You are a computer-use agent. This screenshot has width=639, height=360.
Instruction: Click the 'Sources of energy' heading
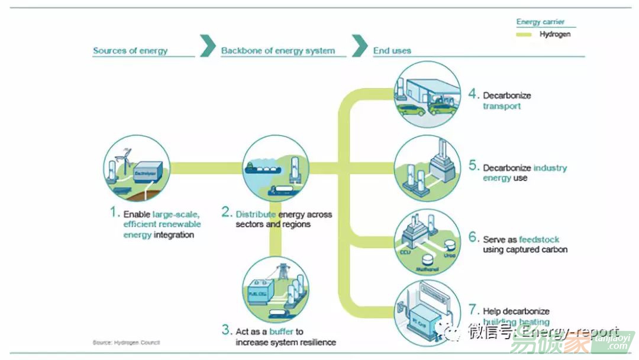coord(130,51)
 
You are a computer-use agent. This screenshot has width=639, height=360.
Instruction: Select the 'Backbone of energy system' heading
coord(277,51)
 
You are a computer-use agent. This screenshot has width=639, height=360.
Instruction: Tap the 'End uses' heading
coord(392,51)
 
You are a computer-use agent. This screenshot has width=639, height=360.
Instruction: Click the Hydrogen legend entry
coord(554,34)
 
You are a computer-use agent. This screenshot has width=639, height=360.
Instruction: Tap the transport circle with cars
coord(427,94)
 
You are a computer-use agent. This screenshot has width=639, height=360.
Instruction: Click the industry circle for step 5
coord(427,169)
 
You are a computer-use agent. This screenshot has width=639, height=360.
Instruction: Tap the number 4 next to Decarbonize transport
coord(473,94)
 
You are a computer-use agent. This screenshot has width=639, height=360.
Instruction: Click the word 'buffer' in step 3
coord(282,332)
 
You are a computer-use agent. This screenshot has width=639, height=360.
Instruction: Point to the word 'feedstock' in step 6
coord(539,240)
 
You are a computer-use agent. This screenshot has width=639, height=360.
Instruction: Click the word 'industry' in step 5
coord(550,168)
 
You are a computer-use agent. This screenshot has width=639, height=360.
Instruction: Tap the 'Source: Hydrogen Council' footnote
coord(126,343)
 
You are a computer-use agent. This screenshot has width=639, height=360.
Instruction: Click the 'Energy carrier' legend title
coord(541,22)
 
